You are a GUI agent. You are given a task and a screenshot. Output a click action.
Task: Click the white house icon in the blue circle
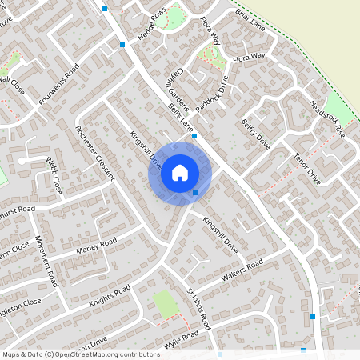179,173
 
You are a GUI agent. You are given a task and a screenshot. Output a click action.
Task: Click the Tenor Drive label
307,168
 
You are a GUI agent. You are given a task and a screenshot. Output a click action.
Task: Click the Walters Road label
244,272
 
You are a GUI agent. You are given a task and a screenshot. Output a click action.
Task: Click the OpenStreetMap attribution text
81,354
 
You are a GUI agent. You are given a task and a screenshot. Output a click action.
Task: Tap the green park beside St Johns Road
166,303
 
